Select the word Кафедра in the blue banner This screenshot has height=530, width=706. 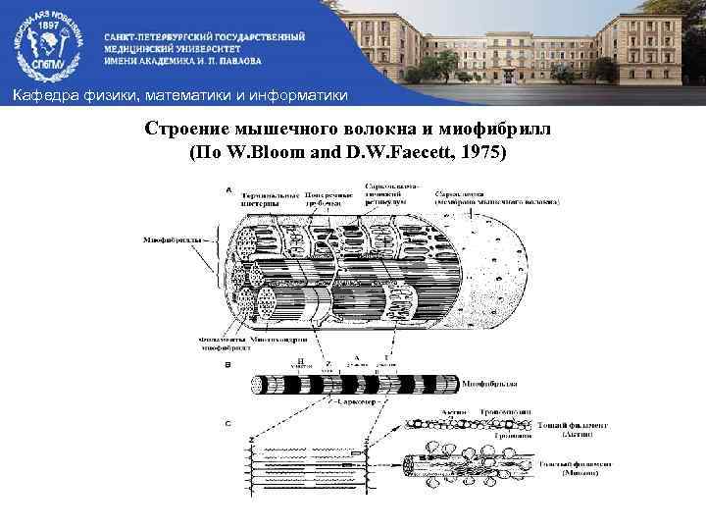pos(41,94)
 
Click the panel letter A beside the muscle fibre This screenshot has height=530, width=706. pos(228,189)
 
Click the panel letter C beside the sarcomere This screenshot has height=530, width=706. pos(228,422)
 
